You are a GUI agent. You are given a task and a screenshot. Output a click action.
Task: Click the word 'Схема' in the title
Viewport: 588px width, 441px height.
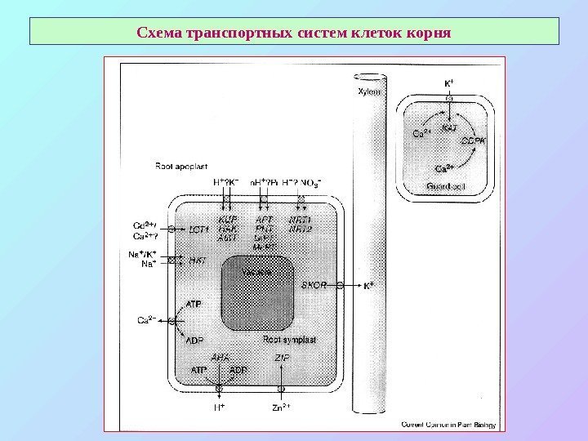click(x=161, y=34)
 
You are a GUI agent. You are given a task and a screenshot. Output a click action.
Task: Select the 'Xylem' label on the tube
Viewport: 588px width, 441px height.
click(x=370, y=93)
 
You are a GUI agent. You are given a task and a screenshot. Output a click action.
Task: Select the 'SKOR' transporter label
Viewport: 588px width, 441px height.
click(x=314, y=286)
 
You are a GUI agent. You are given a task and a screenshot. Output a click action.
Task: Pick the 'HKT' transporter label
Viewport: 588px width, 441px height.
click(x=197, y=261)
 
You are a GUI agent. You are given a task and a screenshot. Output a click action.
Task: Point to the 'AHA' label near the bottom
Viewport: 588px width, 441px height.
click(x=220, y=358)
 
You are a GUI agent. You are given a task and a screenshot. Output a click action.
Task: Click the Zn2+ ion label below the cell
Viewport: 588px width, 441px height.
click(x=281, y=406)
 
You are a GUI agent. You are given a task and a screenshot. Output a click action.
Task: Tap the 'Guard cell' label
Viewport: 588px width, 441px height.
click(x=446, y=187)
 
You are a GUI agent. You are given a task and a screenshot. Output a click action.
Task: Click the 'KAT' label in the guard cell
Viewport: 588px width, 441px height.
click(x=449, y=128)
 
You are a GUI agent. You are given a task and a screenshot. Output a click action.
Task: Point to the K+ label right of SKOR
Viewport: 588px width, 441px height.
click(x=369, y=286)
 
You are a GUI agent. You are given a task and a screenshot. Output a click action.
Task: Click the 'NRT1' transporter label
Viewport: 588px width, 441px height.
click(x=301, y=220)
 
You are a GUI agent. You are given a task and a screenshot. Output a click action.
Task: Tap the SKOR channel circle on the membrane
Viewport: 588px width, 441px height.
click(x=338, y=286)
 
